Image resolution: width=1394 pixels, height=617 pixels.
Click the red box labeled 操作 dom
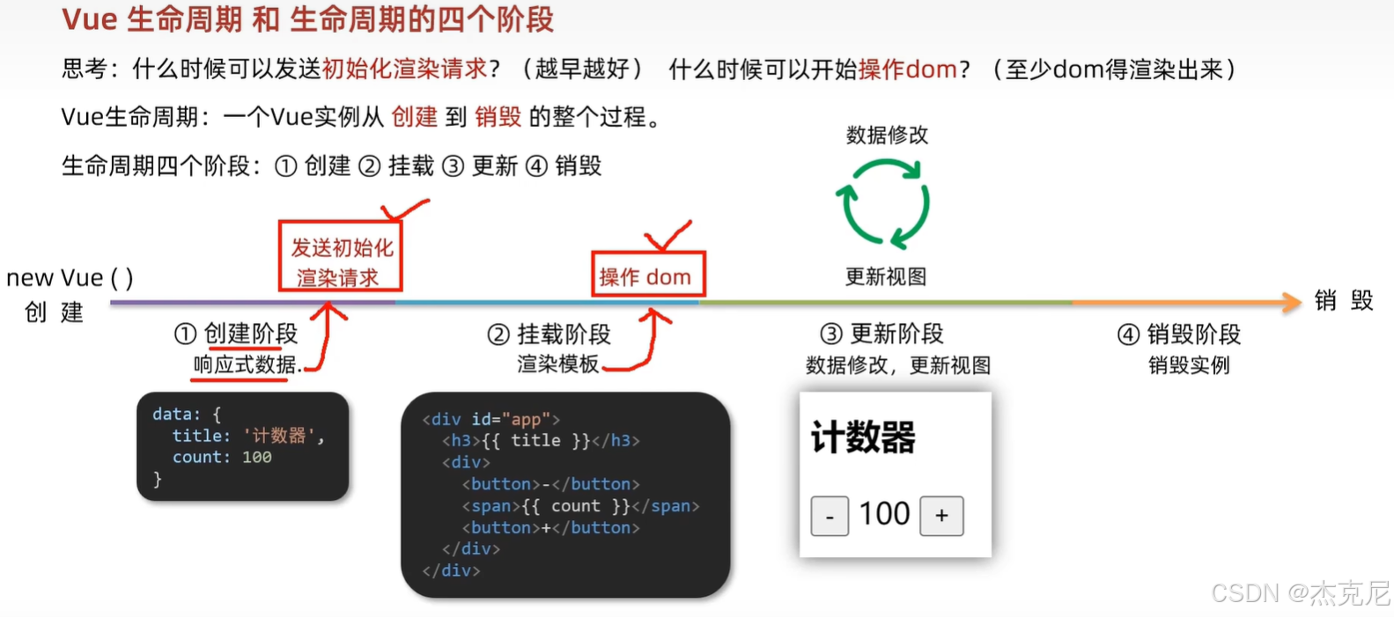pyautogui.click(x=647, y=275)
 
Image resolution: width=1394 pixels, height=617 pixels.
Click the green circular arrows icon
pyautogui.click(x=883, y=203)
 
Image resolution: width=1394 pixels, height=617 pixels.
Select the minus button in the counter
pyautogui.click(x=830, y=517)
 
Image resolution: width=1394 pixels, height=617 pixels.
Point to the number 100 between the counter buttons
pyautogui.click(x=884, y=514)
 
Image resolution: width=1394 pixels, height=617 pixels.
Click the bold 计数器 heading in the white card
pyautogui.click(x=863, y=437)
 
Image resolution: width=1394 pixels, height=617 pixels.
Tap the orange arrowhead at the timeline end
pyautogui.click(x=1292, y=302)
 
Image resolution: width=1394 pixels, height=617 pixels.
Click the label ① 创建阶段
pyautogui.click(x=236, y=334)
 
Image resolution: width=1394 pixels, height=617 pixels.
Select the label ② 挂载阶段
pyautogui.click(x=549, y=334)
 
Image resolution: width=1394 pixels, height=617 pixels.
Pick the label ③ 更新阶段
pyautogui.click(x=881, y=334)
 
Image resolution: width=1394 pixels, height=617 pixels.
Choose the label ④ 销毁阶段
pyautogui.click(x=1178, y=334)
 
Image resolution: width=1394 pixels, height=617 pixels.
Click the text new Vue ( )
pyautogui.click(x=70, y=278)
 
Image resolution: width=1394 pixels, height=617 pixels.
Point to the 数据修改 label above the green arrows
pyautogui.click(x=887, y=135)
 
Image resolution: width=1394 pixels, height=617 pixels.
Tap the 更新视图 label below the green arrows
pyautogui.click(x=886, y=276)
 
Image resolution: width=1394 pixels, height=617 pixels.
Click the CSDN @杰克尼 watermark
pyautogui.click(x=1299, y=593)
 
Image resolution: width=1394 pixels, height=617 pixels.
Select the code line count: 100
pyautogui.click(x=222, y=458)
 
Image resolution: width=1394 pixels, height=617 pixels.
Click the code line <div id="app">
pyautogui.click(x=490, y=420)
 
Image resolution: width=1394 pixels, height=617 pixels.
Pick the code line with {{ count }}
pyautogui.click(x=580, y=506)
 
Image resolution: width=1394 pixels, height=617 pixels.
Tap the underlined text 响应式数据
pyautogui.click(x=245, y=364)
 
